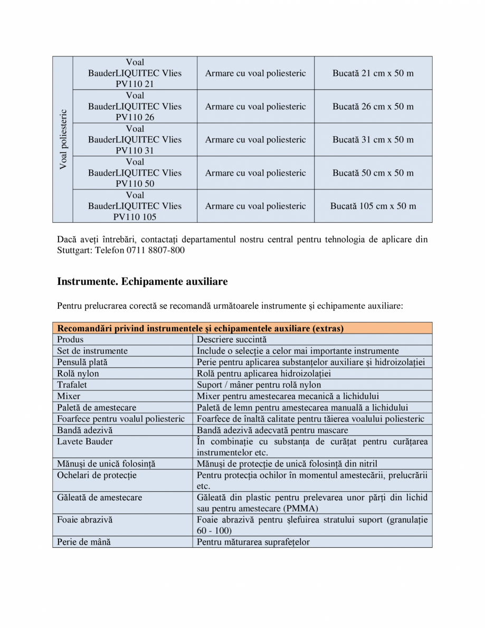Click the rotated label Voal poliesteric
(63, 139)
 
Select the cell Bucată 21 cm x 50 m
(373, 73)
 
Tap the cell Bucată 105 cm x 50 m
(373, 206)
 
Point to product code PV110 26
(135, 117)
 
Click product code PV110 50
(135, 184)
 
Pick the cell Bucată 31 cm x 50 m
(373, 140)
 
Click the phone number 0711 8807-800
(155, 250)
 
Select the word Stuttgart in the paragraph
(74, 250)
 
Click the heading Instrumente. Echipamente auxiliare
(142, 281)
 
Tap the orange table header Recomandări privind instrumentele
(201, 328)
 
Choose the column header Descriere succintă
(232, 339)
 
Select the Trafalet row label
(72, 385)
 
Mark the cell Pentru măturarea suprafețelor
(253, 542)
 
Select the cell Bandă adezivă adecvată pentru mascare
(272, 430)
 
